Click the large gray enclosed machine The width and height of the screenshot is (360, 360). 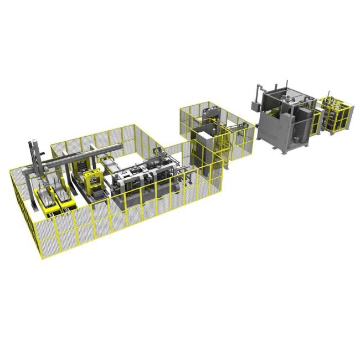point(282,119)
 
